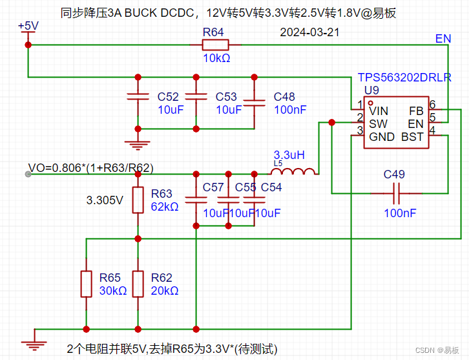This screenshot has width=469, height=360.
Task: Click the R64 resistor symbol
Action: [215, 45]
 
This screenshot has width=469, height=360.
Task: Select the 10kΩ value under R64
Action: [216, 58]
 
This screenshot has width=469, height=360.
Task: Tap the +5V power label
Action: [28, 26]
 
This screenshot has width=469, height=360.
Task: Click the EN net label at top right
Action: [443, 39]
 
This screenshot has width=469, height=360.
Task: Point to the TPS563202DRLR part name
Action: [404, 78]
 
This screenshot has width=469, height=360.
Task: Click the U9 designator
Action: [371, 89]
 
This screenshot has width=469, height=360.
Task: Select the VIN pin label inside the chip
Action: [379, 111]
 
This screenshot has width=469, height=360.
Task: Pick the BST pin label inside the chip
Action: [412, 137]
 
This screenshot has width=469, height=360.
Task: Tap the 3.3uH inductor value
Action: [289, 155]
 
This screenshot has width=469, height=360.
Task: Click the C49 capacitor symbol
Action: [395, 193]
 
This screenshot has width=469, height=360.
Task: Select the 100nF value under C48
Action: [290, 110]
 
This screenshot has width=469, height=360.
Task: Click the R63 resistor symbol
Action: [138, 200]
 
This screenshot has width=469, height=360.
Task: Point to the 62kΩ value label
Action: [165, 207]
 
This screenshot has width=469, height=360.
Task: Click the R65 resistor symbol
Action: [86, 284]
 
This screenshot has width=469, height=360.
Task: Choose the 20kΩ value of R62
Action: [165, 291]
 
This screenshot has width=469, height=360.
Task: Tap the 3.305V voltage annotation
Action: [105, 200]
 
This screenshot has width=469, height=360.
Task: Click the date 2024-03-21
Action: [310, 32]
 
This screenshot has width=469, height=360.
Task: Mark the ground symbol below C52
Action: [137, 145]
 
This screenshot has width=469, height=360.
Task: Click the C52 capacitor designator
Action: [168, 97]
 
